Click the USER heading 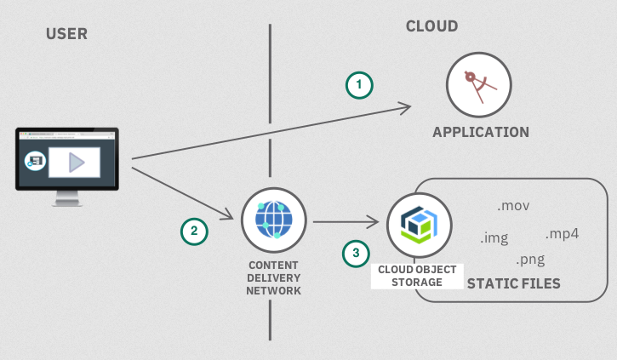66,34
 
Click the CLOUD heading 431,26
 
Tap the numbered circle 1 359,84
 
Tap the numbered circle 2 194,231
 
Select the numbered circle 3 357,252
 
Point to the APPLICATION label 480,132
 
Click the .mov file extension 513,206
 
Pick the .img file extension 494,237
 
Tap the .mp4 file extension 562,233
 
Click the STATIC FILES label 514,283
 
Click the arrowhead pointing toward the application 405,107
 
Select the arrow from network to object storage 345,222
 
